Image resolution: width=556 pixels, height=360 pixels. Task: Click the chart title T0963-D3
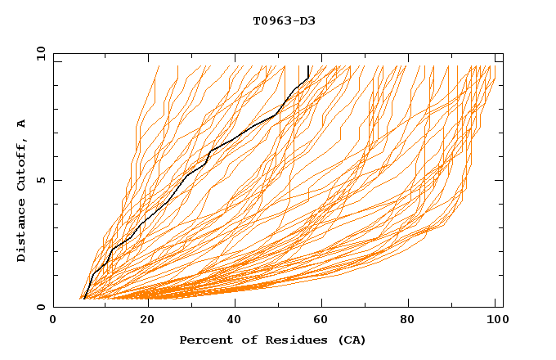(284, 20)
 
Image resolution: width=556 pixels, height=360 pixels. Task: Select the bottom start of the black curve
(84, 299)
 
